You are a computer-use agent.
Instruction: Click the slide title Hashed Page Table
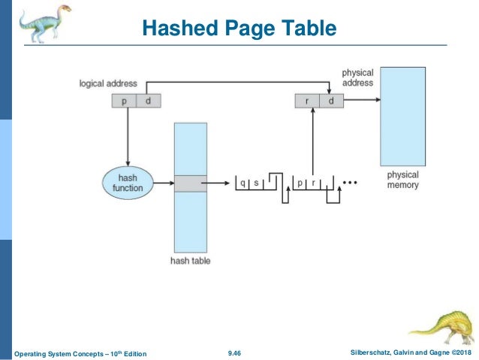[239, 29]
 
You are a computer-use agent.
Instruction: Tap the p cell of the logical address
[124, 101]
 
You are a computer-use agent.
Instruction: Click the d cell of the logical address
[148, 101]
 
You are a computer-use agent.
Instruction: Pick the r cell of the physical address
[307, 101]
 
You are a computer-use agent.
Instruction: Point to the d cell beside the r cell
[330, 101]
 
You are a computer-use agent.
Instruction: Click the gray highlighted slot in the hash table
[190, 183]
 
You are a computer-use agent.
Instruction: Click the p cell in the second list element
[300, 183]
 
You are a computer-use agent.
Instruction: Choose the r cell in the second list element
[314, 183]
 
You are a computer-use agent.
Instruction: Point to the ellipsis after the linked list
[350, 183]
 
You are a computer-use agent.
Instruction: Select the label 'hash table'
[190, 261]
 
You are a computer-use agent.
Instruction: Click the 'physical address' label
[357, 77]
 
